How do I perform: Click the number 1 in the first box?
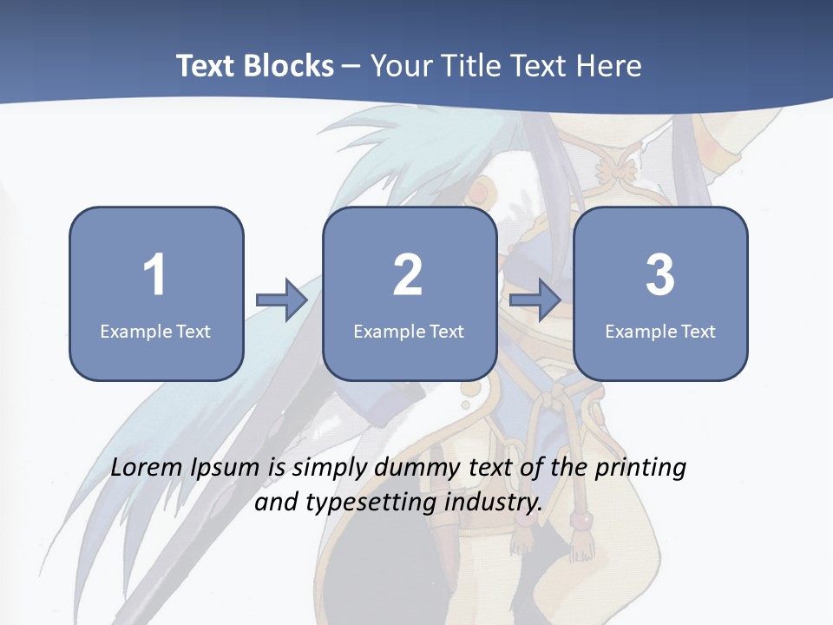point(154,275)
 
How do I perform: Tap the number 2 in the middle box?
point(408,275)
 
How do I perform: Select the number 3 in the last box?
point(660,275)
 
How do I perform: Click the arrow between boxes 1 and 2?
point(282,300)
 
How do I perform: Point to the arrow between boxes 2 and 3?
point(535,300)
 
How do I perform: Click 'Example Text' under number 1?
point(155,331)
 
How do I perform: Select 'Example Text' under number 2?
point(409,331)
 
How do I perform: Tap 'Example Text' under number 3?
point(660,331)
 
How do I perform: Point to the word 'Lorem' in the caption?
point(148,467)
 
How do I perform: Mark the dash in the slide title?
point(351,67)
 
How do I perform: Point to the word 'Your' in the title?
point(401,66)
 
